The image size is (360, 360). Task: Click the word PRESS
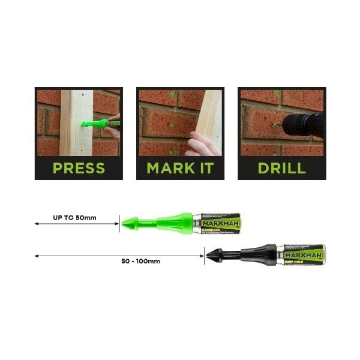(x=79, y=167)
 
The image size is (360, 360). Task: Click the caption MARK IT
(x=181, y=167)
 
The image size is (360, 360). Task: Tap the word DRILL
(x=281, y=167)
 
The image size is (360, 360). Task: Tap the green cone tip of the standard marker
(x=128, y=223)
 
